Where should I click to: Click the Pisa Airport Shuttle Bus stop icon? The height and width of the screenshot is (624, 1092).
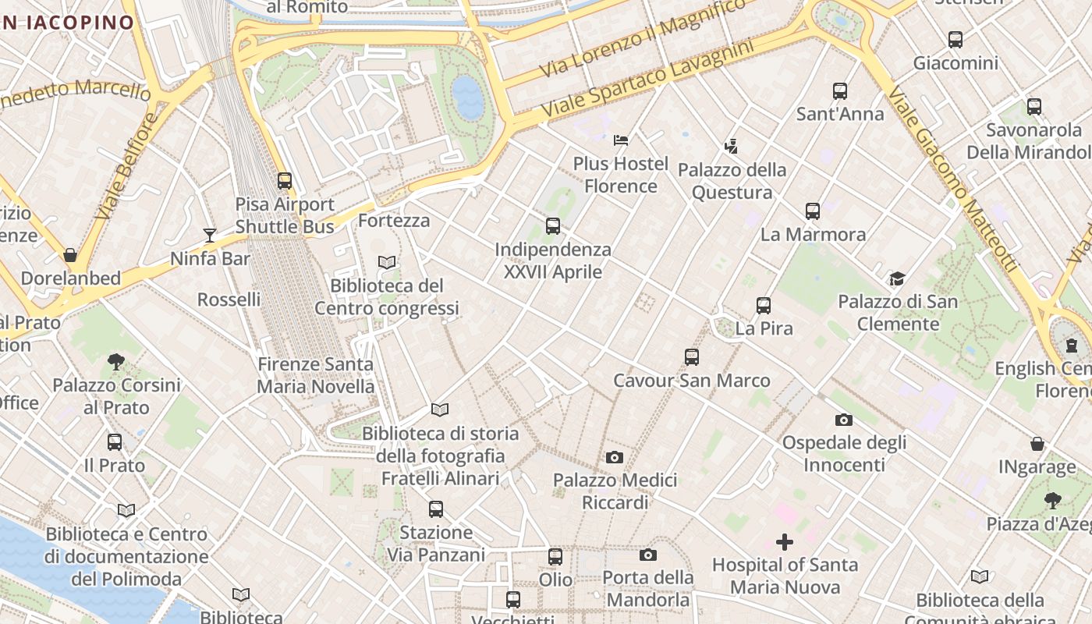(x=285, y=181)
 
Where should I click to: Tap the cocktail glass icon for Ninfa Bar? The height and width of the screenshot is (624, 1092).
(x=209, y=235)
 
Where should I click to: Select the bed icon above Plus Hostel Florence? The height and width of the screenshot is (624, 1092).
(x=621, y=140)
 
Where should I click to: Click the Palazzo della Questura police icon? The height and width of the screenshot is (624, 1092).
(x=731, y=146)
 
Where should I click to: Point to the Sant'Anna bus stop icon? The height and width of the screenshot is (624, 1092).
(x=839, y=91)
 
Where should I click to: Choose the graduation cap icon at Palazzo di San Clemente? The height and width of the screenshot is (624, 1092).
(x=897, y=278)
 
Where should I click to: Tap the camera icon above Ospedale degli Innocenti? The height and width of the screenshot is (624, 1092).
(x=843, y=420)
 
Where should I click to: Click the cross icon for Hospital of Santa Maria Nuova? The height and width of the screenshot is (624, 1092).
(x=785, y=541)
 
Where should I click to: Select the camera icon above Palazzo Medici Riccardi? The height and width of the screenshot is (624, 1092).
(x=615, y=457)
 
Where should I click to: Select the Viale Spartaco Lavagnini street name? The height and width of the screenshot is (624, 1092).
(x=647, y=80)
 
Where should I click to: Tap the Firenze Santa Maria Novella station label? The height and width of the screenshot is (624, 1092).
(x=316, y=375)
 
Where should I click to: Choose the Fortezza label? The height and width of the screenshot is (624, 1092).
(x=394, y=221)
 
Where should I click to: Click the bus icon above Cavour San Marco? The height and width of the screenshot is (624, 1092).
(x=691, y=357)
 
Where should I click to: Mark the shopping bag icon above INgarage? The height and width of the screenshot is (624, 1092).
(x=1037, y=444)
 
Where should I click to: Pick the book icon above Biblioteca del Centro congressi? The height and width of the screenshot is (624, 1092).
(x=387, y=262)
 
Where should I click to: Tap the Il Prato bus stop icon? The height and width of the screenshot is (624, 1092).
(x=115, y=442)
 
